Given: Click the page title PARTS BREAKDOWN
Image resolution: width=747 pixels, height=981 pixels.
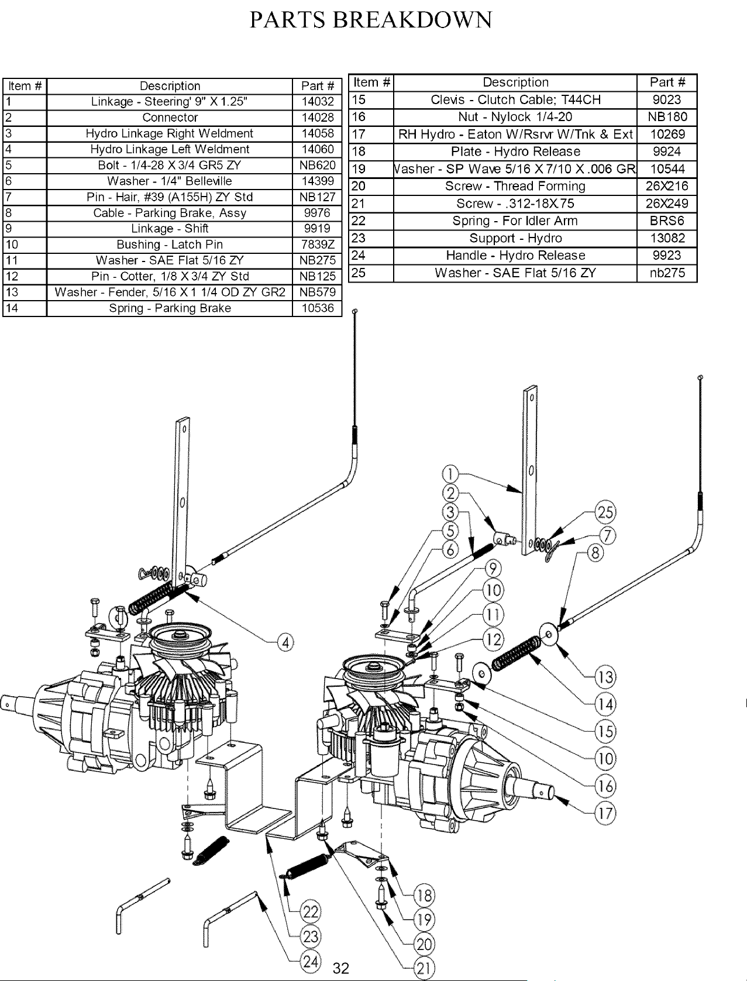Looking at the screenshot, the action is [371, 20].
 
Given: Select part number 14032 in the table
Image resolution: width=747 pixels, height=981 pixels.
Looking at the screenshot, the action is [318, 101].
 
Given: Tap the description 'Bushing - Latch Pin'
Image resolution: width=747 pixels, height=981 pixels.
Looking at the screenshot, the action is [170, 245].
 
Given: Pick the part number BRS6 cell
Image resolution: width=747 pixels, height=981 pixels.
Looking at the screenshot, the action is [667, 221].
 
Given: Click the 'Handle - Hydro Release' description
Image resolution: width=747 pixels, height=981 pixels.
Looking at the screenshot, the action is [515, 255].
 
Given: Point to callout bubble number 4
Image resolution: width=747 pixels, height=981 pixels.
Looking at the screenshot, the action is [285, 643].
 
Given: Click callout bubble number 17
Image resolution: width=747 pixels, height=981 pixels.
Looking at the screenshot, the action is [605, 813].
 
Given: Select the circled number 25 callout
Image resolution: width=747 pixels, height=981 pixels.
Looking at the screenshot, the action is [605, 512].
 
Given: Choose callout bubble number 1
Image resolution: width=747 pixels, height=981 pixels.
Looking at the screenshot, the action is [450, 474].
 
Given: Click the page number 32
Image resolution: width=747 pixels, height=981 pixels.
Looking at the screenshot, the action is [341, 968].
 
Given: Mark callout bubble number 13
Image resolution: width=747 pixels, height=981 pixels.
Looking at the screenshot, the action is [605, 677].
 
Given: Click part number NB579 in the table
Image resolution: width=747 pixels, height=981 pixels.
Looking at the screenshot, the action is [318, 292].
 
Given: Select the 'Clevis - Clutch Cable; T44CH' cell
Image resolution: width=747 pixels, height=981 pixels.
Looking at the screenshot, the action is [515, 99].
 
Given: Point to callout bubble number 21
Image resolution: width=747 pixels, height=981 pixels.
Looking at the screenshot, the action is [424, 968].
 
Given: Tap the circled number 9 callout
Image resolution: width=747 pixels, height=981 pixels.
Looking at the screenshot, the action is [493, 569].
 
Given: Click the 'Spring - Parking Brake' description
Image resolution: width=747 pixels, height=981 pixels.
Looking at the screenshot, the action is [170, 308].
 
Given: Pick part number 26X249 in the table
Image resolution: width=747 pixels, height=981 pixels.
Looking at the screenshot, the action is [667, 204].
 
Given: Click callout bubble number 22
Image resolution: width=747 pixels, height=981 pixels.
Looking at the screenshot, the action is [311, 912].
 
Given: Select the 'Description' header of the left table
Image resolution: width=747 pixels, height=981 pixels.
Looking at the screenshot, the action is [170, 86].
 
